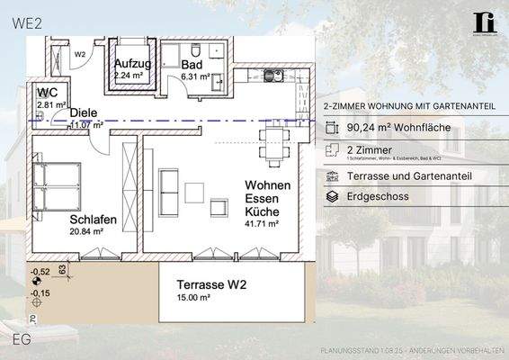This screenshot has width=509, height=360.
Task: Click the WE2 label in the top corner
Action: [x=28, y=24]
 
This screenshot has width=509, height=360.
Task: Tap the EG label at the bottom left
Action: [x=22, y=338]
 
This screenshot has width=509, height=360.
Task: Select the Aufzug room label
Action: [x=132, y=64]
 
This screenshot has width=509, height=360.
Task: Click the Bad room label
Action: [x=192, y=65]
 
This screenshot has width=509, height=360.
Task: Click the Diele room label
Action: [x=83, y=112]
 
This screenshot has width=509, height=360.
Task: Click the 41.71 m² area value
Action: [x=262, y=223]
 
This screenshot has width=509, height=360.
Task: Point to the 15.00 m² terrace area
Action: [x=192, y=298]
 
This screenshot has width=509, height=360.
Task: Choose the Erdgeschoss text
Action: [x=377, y=195]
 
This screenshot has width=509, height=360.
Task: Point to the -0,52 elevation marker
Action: [x=40, y=271]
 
